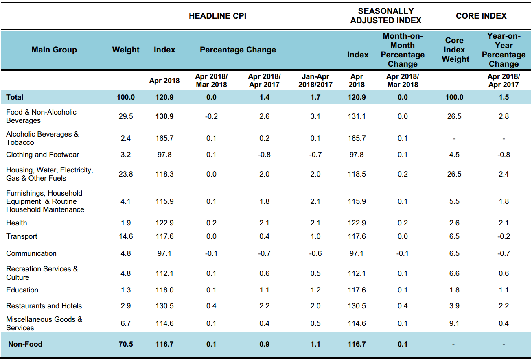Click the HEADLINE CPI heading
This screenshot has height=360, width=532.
click(217, 16)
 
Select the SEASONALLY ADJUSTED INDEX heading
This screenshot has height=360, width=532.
click(385, 16)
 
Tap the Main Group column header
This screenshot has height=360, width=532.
click(54, 50)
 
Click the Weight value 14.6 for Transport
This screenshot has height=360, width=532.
click(126, 236)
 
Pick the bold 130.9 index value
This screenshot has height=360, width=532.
click(164, 116)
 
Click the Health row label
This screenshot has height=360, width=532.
click(17, 223)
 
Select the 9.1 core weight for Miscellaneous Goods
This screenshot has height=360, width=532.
click(454, 323)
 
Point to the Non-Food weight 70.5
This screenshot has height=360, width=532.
click(126, 344)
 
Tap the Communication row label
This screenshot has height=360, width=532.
click(31, 253)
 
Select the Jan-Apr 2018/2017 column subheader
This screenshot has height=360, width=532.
click(315, 81)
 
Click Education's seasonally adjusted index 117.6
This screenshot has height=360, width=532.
click(357, 290)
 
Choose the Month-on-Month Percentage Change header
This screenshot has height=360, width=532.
click(403, 50)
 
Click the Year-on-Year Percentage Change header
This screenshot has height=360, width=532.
click(504, 50)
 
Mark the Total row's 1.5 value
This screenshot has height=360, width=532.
click(504, 97)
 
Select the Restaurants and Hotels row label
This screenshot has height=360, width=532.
click(44, 306)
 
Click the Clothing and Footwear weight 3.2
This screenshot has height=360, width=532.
click(126, 155)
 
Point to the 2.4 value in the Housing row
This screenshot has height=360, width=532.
click(504, 174)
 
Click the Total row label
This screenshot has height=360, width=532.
click(15, 97)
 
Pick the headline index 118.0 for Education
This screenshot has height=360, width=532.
click(164, 290)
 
